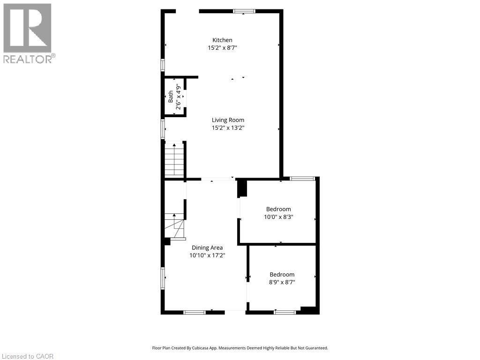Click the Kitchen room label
click(x=222, y=40)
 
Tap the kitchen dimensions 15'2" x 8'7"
click(x=222, y=48)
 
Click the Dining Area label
click(x=207, y=248)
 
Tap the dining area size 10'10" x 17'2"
click(x=207, y=255)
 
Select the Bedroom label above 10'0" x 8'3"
click(x=278, y=209)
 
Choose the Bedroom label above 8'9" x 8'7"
click(x=282, y=275)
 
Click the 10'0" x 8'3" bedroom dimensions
click(x=278, y=217)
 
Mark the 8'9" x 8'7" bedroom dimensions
click(x=282, y=282)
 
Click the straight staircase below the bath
click(x=173, y=159)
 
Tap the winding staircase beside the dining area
click(x=174, y=226)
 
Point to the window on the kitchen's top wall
click(x=244, y=11)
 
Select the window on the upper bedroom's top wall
click(x=302, y=179)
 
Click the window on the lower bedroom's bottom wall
click(x=285, y=312)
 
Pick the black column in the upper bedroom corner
click(x=242, y=188)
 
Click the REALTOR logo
click(x=28, y=33)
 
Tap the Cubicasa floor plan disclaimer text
click(x=240, y=348)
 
